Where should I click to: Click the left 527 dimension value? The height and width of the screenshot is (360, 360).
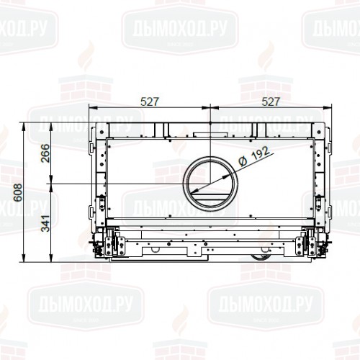pos(149,102)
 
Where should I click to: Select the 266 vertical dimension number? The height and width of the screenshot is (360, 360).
pos(45,153)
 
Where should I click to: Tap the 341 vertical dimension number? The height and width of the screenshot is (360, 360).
pos(45,223)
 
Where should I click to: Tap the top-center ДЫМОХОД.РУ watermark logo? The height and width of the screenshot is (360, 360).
pos(180,27)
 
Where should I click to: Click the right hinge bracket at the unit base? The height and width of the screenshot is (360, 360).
pos(311,243)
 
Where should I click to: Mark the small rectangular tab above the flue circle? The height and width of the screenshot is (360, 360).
pos(210,135)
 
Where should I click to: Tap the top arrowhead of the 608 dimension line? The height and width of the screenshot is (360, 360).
pos(25,124)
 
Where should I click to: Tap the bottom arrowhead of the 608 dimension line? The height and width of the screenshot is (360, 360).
pos(25,261)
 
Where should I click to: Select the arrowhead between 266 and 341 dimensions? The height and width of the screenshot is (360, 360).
pos(54,184)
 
